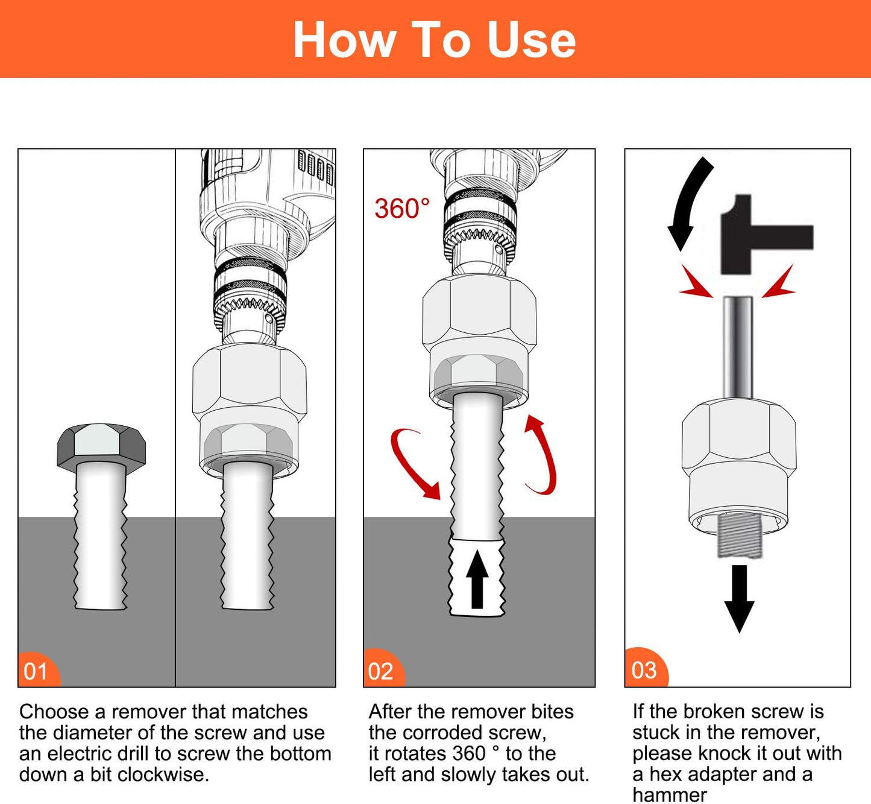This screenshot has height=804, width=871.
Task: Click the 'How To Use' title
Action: [x=434, y=40]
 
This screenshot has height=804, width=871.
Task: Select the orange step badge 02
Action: [x=382, y=670]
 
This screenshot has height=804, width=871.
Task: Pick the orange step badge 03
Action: [x=644, y=669]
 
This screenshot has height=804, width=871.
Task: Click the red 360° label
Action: [x=402, y=209]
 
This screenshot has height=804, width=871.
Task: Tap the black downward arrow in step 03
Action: [x=739, y=597]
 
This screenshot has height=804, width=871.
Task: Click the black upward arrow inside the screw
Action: [x=477, y=579]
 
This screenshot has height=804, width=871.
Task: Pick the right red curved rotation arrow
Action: [x=542, y=454]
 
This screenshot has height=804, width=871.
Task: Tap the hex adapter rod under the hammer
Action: [x=738, y=347]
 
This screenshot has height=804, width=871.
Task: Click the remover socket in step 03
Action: [x=739, y=464]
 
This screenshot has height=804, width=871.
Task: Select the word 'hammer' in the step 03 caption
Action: [x=669, y=795]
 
